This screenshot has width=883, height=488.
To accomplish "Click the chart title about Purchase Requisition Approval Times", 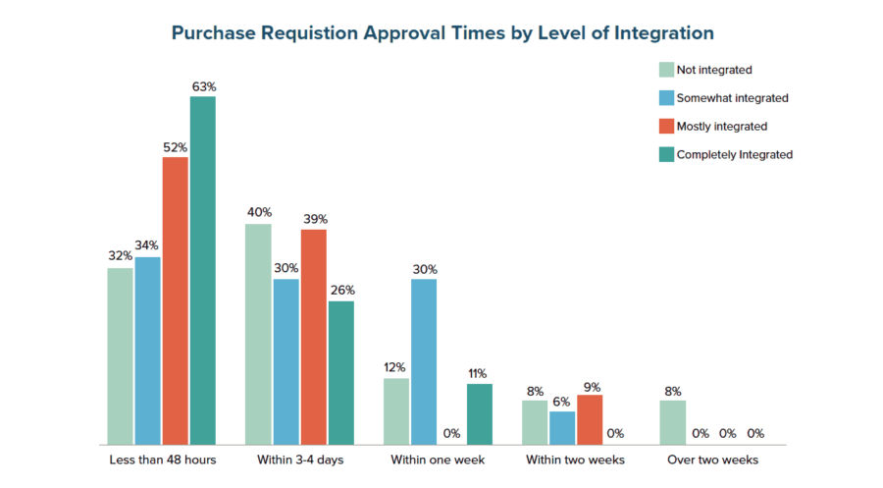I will coord(441,33).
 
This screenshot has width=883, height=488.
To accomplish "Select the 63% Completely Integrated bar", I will coord(203,270).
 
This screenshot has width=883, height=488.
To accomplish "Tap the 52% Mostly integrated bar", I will coord(176,300).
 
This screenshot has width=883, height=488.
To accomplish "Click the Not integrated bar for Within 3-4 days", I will coord(258,334).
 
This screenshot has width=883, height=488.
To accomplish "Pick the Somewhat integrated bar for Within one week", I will coord(424,361).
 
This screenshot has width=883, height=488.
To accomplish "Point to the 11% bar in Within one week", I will coord(479,413).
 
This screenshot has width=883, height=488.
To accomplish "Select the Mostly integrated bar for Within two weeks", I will coord(590,419).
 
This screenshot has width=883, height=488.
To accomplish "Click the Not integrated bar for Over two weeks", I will coord(672,421).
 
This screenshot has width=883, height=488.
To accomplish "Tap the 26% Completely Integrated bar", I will coord(341,372).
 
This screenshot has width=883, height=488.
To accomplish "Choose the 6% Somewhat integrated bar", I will coord(562,427).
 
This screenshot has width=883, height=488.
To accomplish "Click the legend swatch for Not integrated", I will coord(666,70).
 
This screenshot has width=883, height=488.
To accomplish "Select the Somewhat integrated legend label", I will coord(732,98).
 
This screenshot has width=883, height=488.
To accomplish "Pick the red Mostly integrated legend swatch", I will coord(666,126).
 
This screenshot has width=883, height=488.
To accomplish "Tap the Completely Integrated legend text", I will coord(734,154).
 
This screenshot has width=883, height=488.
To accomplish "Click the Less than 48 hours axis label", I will coord(162,460).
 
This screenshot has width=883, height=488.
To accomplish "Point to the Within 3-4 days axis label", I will coord(299,460).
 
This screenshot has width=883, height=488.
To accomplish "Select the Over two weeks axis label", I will coord(712,460).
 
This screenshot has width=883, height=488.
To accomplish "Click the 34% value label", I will coord(148,245).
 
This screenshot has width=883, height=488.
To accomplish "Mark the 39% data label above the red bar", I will coord(314,219).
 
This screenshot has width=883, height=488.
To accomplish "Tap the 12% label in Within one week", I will coord(396,367).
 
